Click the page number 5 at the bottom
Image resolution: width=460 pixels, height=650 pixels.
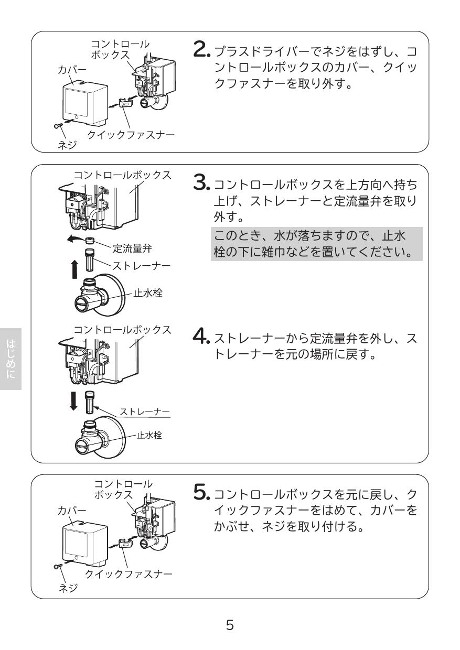(x=230, y=625)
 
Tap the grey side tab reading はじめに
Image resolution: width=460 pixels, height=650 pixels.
(x=10, y=359)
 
